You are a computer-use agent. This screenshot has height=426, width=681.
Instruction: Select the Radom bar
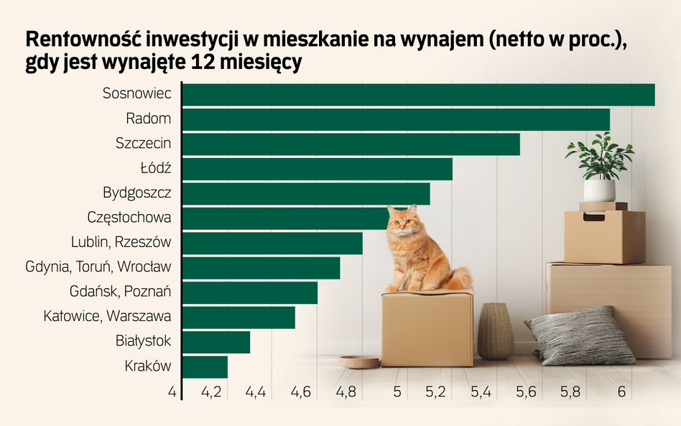coord(396,120)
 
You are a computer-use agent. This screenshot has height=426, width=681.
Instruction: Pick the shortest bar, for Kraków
coord(205,367)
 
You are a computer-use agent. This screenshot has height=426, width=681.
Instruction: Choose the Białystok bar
coord(216,342)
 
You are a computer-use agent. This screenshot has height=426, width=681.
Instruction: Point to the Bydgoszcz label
coord(136,193)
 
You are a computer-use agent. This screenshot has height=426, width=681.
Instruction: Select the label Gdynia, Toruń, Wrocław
coord(98,267)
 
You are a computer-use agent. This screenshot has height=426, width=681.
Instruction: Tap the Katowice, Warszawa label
coord(107,316)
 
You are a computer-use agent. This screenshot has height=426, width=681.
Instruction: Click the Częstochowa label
coord(129,217)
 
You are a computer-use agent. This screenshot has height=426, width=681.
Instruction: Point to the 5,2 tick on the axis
coord(436,392)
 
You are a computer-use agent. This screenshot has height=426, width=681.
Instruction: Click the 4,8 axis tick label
coord(346,392)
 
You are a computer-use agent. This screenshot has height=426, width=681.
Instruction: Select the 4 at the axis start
coord(172,392)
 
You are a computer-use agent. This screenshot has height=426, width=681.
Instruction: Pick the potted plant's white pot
coord(599,190)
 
